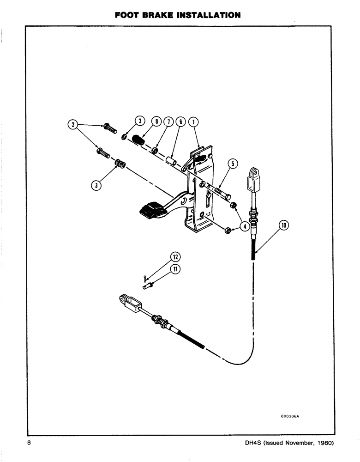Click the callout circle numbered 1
[194, 122]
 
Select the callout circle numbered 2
[72, 124]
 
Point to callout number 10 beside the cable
[283, 225]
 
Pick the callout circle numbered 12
[175, 257]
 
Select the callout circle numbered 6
[181, 122]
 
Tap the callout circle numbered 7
[169, 122]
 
